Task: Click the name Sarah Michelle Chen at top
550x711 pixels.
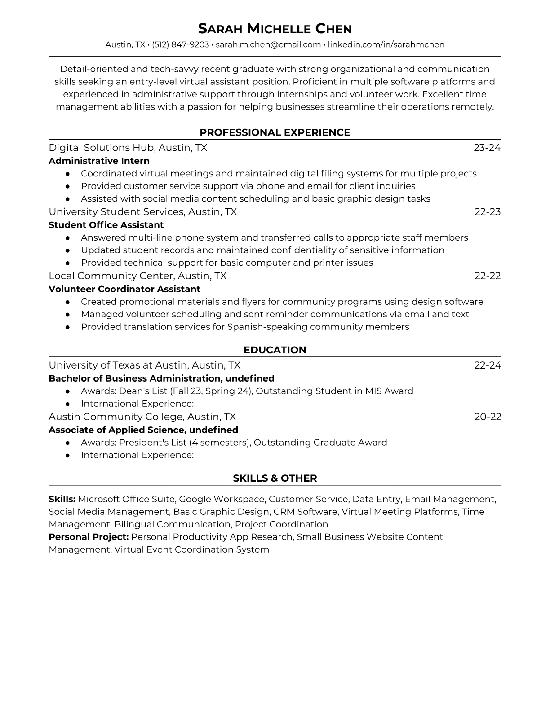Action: click(x=275, y=29)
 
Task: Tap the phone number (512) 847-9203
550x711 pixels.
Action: click(x=180, y=44)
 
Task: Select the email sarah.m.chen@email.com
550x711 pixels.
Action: click(x=268, y=44)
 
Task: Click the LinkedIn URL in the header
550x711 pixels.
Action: click(x=386, y=44)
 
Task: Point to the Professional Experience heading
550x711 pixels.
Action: click(x=275, y=132)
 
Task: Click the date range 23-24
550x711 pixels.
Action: click(x=487, y=148)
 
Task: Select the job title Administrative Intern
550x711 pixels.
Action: click(x=99, y=161)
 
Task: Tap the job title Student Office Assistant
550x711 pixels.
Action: click(x=106, y=225)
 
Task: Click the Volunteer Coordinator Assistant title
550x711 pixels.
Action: click(x=124, y=289)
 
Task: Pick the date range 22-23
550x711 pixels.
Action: click(x=488, y=212)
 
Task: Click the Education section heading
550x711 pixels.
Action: click(x=275, y=350)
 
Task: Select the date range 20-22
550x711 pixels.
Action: click(x=488, y=417)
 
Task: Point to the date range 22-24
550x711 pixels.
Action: click(x=488, y=365)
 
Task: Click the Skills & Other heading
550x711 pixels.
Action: click(x=275, y=478)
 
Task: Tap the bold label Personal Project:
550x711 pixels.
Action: click(x=89, y=537)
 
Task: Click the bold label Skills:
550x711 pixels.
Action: click(x=62, y=499)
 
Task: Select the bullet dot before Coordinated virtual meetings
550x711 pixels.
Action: click(x=67, y=174)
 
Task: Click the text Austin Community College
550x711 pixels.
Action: click(x=115, y=417)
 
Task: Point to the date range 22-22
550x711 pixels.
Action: click(x=488, y=276)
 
